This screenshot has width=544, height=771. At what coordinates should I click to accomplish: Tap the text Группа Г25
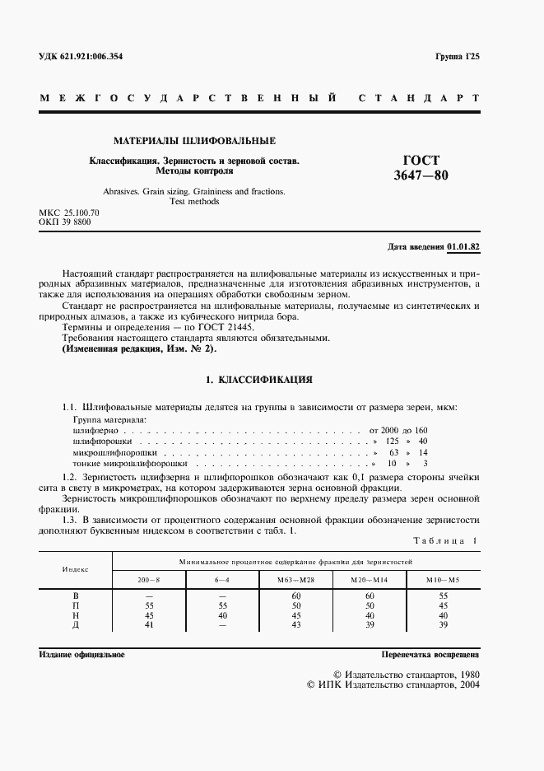pyautogui.click(x=457, y=55)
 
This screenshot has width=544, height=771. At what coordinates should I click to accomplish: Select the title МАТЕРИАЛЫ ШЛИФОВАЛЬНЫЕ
pyautogui.click(x=194, y=141)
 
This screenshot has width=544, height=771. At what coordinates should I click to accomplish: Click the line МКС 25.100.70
pyautogui.click(x=69, y=213)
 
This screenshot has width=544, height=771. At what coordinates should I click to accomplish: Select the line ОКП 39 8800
pyautogui.click(x=66, y=222)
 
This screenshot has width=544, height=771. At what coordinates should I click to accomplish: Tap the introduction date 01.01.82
pyautogui.click(x=464, y=246)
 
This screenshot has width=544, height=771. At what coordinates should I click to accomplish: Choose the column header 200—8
pyautogui.click(x=149, y=580)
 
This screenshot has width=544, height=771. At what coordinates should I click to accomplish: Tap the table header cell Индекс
pyautogui.click(x=76, y=569)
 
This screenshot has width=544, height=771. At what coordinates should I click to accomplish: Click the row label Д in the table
pyautogui.click(x=76, y=625)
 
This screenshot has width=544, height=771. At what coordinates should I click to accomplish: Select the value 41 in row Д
pyautogui.click(x=149, y=625)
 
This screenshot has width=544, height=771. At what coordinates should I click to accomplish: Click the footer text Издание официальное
pyautogui.click(x=81, y=655)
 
